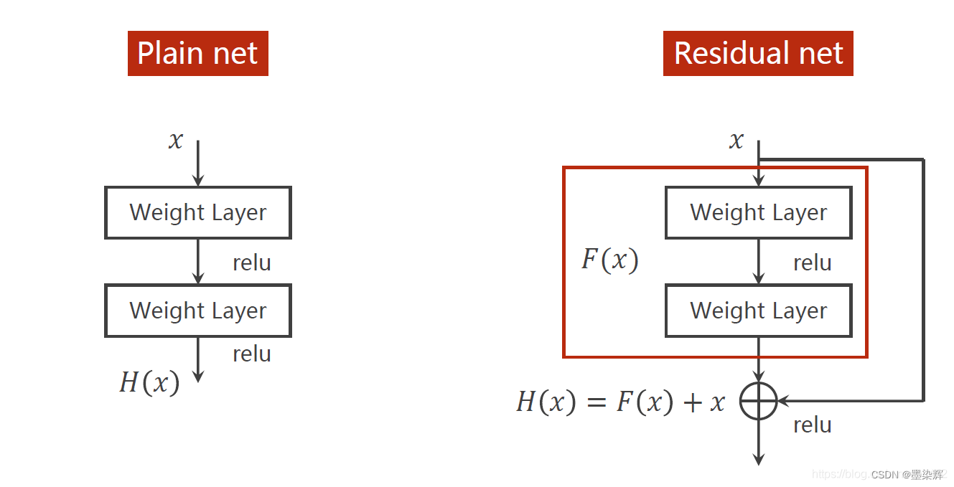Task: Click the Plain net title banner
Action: (x=197, y=53)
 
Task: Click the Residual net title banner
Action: (x=758, y=53)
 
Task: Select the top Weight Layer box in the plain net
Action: (x=198, y=212)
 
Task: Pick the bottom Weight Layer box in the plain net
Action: (x=198, y=311)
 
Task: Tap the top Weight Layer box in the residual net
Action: (x=759, y=212)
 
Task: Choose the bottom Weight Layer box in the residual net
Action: (x=759, y=311)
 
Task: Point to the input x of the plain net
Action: (x=176, y=140)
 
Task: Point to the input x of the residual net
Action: (x=736, y=140)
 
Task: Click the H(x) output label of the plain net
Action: (x=149, y=382)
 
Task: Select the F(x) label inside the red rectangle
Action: (x=609, y=260)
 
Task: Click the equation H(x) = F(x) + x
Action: (x=620, y=402)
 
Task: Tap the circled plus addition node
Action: (x=759, y=400)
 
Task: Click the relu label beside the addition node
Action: (x=812, y=425)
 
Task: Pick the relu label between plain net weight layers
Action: (x=251, y=263)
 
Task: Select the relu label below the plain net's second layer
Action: (x=251, y=354)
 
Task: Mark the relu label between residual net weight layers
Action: (x=812, y=263)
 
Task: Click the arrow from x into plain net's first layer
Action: (x=198, y=165)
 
